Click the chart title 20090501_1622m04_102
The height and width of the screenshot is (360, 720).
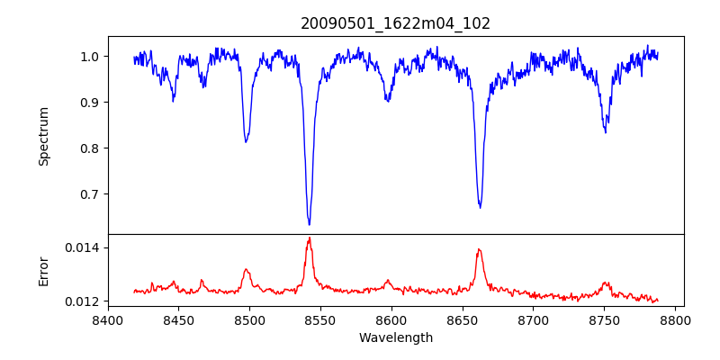pos(396,23)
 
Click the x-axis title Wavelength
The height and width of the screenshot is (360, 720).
pos(396,337)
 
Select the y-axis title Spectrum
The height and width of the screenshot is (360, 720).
pos(43,136)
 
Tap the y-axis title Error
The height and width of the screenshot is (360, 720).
pos(43,270)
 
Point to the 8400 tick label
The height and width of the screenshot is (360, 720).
pos(108,319)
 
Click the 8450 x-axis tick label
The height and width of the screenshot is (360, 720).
pos(178,319)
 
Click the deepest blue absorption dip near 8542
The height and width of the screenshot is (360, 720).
pos(309,224)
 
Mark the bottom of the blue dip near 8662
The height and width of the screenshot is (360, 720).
pos(480,208)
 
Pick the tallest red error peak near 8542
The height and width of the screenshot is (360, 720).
pos(309,238)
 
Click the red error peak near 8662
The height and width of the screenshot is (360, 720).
pos(479,249)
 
